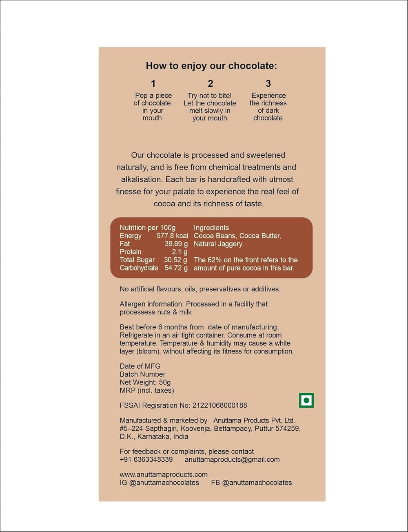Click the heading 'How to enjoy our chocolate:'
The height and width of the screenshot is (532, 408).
(x=211, y=66)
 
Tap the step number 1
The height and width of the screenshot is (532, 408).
(x=153, y=84)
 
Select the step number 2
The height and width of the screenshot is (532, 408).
(x=210, y=84)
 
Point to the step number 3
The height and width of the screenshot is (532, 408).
(x=268, y=84)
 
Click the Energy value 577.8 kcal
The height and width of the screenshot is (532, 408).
(x=172, y=236)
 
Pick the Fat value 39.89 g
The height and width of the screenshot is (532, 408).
(x=176, y=244)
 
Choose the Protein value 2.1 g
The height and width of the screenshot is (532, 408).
(x=180, y=252)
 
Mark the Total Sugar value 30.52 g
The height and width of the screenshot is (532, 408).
(x=175, y=260)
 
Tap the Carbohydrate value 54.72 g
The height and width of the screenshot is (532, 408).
(x=176, y=268)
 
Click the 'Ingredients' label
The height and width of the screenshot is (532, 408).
(x=211, y=228)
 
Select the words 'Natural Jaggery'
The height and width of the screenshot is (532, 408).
(x=218, y=244)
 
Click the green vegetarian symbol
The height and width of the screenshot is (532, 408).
(x=306, y=400)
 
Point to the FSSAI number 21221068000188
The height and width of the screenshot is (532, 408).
(x=220, y=405)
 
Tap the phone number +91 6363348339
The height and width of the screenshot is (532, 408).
(x=146, y=459)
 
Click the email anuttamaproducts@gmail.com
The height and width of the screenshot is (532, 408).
(x=232, y=459)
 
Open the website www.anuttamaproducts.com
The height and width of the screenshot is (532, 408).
(x=164, y=474)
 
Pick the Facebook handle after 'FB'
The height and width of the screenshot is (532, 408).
(x=257, y=483)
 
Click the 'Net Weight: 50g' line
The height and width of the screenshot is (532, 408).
(x=145, y=382)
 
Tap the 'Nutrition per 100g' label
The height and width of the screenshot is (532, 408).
(x=147, y=228)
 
